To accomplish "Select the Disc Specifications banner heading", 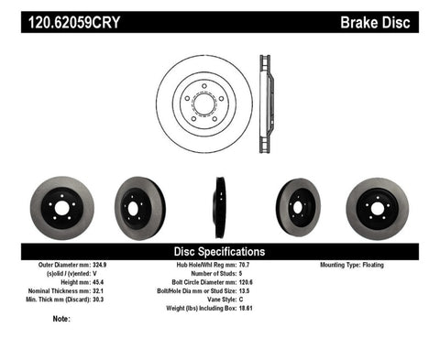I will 219,251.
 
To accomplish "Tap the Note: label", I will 61,319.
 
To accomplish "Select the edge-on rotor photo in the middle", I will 220,207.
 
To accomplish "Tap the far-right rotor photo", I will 378,207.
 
